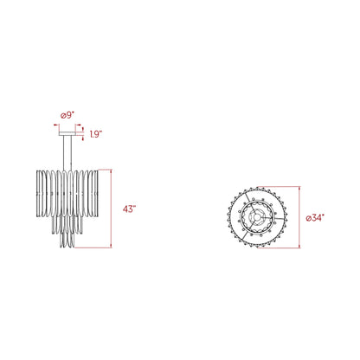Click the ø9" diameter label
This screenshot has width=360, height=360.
pos(67,116)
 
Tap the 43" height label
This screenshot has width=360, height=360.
pos(129,209)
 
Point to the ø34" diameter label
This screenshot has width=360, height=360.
pos(315,218)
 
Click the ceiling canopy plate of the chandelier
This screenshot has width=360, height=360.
pos(67,134)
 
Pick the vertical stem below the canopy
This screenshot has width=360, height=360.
pos(67,153)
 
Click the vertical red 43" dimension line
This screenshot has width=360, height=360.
pos(111,209)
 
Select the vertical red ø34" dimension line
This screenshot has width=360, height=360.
pos(299,217)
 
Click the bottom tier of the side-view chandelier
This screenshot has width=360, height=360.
pos(67,240)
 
